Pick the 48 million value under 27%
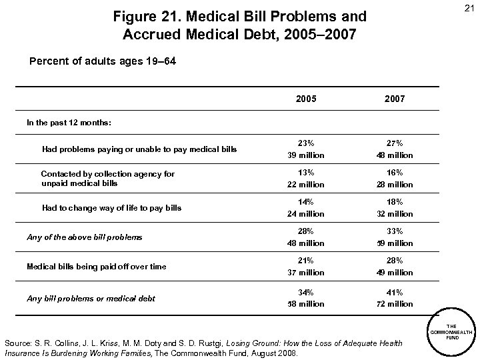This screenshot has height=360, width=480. click(395, 155)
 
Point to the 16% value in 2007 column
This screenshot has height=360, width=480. click(395, 172)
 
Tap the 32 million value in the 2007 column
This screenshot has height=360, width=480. click(395, 214)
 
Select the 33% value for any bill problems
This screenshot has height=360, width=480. click(395, 231)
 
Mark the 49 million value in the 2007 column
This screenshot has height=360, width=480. click(395, 273)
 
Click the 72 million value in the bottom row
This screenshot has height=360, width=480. click(395, 304)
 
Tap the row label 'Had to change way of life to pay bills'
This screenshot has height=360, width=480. click(111, 208)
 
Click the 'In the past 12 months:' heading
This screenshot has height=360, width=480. click(69, 123)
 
